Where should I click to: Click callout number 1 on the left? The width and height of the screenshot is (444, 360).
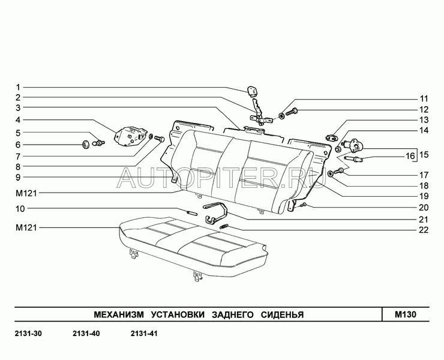point(18,86)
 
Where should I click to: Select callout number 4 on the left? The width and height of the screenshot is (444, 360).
point(18,120)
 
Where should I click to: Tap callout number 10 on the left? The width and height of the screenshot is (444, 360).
point(20,209)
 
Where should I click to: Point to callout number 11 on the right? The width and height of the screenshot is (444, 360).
point(424,98)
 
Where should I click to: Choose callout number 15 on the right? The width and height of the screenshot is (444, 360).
point(424,154)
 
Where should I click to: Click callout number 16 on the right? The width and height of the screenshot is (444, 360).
point(410,156)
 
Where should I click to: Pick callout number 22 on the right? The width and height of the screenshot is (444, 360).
point(424,229)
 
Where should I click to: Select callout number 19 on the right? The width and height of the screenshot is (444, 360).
point(424,196)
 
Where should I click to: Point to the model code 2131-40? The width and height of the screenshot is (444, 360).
point(85,334)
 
